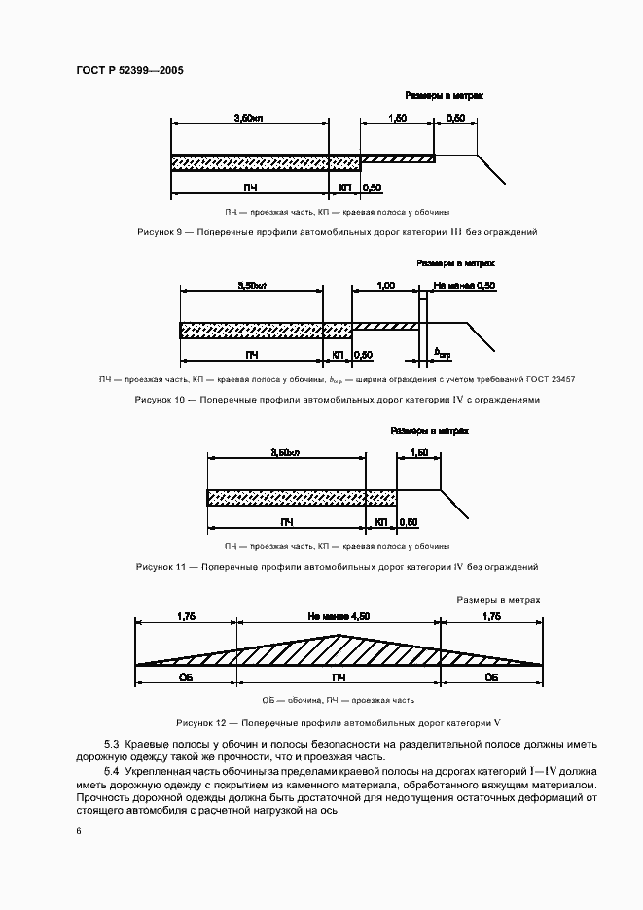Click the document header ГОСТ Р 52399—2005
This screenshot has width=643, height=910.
128,71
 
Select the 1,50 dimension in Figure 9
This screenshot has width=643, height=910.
397,117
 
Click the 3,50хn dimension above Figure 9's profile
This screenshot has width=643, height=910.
249,117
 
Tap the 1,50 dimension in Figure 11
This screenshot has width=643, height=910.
419,453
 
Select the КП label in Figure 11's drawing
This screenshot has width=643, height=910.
380,522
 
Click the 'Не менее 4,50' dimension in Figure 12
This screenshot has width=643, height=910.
339,615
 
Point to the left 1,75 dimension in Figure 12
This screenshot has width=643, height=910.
187,615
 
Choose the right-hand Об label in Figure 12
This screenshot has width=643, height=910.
491,677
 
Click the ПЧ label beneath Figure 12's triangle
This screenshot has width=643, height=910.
339,677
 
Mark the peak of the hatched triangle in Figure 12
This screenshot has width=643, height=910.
339,635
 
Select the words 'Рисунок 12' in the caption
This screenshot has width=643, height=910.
201,723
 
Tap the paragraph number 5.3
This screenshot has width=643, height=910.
111,744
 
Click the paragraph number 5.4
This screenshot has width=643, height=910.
111,771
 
